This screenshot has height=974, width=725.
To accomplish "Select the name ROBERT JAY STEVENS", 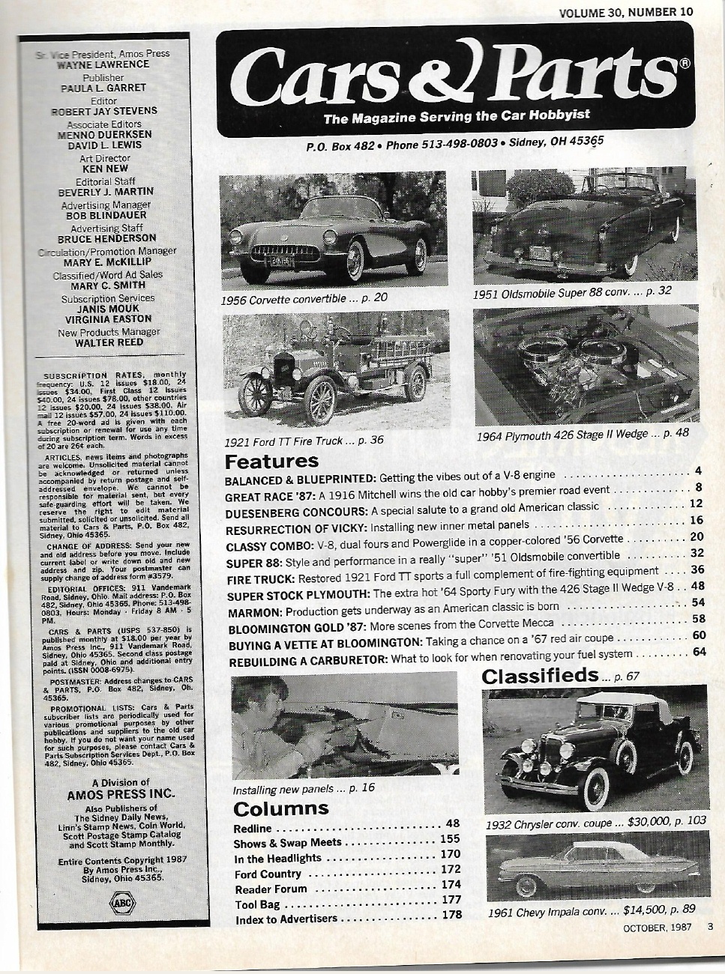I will [x=109, y=111].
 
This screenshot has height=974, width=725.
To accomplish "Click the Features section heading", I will [x=271, y=461].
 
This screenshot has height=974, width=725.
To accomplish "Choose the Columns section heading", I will [x=281, y=808].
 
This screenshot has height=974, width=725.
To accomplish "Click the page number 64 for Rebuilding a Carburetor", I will [x=699, y=652].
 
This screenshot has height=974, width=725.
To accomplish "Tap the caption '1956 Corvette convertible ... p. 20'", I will [x=304, y=298].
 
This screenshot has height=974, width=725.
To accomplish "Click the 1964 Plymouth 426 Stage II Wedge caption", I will [x=582, y=434].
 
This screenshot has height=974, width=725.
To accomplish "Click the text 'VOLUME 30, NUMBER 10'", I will [x=626, y=11].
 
